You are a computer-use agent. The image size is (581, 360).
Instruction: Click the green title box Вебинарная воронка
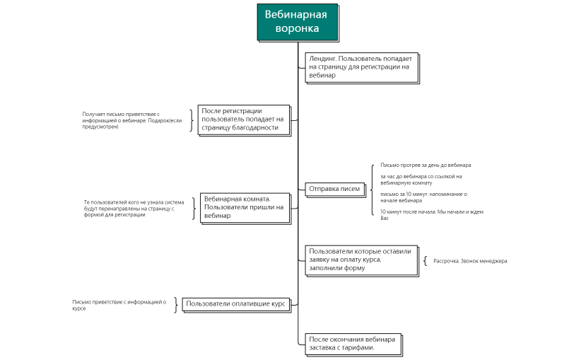pos(297,21)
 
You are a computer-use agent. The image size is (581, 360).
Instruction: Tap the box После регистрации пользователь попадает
pos(243,120)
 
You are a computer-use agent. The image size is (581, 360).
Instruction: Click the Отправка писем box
pos(334,189)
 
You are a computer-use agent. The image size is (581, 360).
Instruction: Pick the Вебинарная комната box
pos(243,207)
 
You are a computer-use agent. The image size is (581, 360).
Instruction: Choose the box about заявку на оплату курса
pos(361,260)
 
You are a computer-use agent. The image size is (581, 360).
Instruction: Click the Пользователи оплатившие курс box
pos(235,303)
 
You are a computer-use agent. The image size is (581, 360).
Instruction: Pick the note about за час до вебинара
pos(421,179)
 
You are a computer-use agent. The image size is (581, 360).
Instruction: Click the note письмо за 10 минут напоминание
pos(422,197)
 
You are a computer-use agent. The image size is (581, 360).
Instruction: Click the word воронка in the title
pos(297,29)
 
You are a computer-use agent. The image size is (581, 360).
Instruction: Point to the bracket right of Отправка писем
pos(371,189)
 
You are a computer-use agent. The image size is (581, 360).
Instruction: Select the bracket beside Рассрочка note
pos(426,261)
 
